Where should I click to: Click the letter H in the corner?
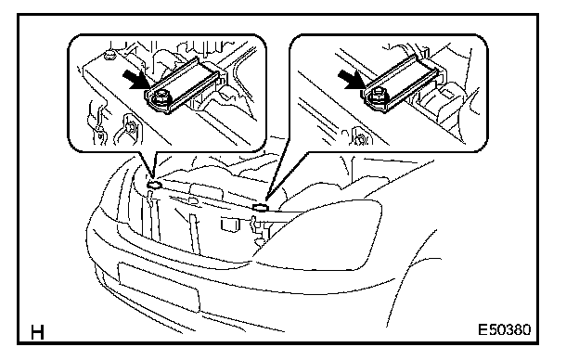(37, 332)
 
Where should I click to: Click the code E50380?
(505, 329)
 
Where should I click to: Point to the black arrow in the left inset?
(135, 80)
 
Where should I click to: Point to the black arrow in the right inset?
(351, 80)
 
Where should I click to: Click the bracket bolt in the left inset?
(160, 98)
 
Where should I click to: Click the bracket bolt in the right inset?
(377, 97)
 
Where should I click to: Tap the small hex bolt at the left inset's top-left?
(110, 55)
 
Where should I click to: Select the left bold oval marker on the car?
(154, 185)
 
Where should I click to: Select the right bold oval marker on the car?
(261, 207)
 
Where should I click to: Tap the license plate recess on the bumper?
(159, 286)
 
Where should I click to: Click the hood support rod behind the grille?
(195, 234)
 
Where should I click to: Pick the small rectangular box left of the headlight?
(231, 225)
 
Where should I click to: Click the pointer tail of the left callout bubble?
(153, 164)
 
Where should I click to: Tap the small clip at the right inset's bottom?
(361, 136)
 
